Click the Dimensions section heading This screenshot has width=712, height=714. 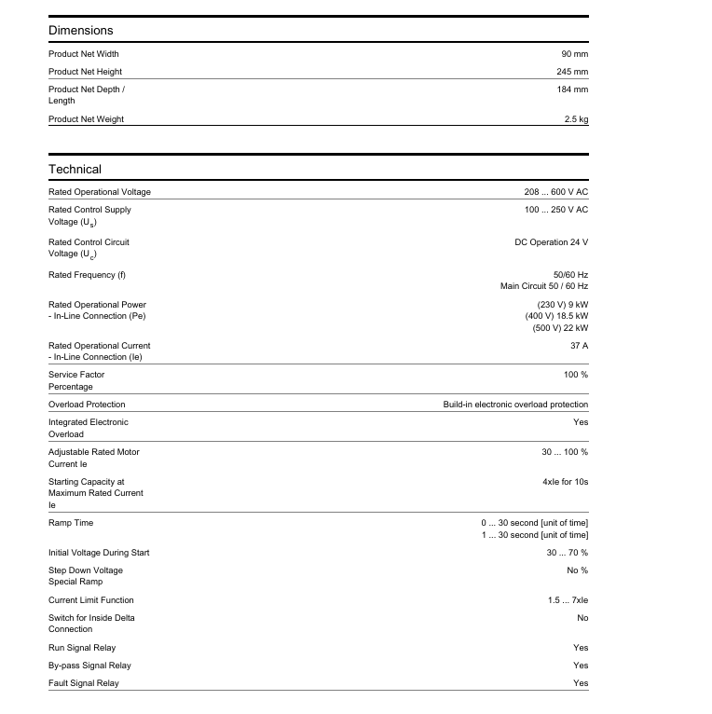81,31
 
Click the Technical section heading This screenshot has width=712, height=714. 75,170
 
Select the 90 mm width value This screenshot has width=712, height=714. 574,54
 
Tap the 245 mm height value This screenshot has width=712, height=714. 572,72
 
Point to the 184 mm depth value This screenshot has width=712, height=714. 572,89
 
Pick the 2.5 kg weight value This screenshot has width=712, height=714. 576,119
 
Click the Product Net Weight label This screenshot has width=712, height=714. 86,119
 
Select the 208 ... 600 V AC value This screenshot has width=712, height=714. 555,192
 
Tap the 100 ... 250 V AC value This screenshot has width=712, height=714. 555,210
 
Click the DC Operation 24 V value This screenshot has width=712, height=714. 552,242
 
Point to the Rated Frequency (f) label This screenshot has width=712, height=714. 87,275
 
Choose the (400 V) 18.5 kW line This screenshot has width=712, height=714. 556,317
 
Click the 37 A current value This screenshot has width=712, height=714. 579,346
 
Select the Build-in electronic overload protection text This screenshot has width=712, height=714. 515,405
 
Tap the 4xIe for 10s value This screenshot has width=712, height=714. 566,482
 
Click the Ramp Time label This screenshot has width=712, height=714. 71,523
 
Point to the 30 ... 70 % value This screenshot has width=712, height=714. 567,553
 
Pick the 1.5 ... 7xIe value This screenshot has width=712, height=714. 568,600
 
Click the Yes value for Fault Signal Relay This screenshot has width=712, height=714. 581,683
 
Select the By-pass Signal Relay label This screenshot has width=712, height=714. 89,666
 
